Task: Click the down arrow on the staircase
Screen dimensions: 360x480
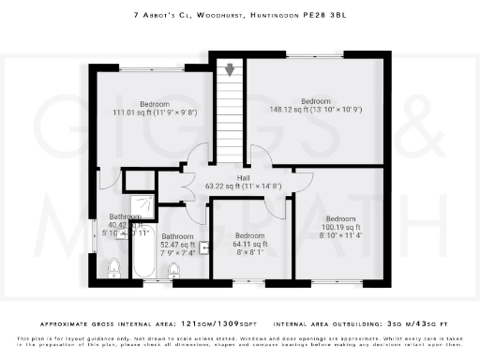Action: (x=230, y=70)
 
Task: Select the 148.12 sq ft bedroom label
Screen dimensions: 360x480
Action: (x=315, y=106)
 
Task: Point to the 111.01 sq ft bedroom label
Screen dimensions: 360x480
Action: (x=155, y=108)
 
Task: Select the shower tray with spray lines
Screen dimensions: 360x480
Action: (x=143, y=204)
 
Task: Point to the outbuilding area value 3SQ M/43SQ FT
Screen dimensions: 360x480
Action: (x=420, y=318)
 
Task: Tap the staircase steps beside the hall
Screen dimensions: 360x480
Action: (x=230, y=112)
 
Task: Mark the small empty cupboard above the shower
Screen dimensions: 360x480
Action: (x=140, y=180)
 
